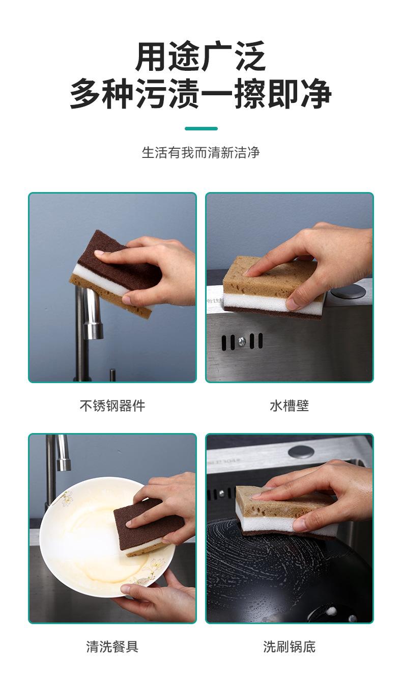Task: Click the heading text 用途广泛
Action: coord(200,56)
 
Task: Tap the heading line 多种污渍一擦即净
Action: coord(200,93)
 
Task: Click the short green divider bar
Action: coord(201,128)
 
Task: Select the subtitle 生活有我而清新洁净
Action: coord(200,152)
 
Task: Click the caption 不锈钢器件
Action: coord(112,406)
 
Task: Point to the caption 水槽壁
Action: coord(289,406)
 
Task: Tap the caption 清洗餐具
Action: coord(112,647)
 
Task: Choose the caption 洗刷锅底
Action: coord(289,647)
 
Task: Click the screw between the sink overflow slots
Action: coord(242,341)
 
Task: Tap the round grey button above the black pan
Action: coord(301,451)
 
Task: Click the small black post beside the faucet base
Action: coord(112,375)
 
